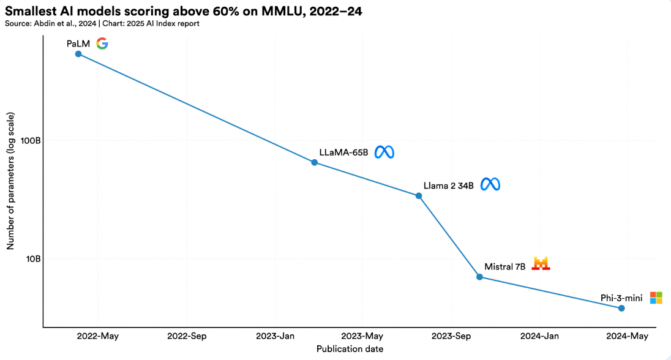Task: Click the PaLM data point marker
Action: pyautogui.click(x=78, y=54)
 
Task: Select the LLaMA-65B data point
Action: pyautogui.click(x=315, y=162)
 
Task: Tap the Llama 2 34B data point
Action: pyautogui.click(x=419, y=196)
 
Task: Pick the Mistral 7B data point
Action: pyautogui.click(x=479, y=277)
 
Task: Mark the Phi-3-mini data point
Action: pyautogui.click(x=621, y=308)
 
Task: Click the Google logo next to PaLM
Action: pyautogui.click(x=102, y=43)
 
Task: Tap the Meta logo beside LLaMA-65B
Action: pyautogui.click(x=384, y=152)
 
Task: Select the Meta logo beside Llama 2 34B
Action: pyautogui.click(x=490, y=184)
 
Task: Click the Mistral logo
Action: pyautogui.click(x=541, y=264)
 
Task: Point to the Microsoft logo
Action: pyautogui.click(x=656, y=298)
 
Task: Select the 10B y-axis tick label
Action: pyautogui.click(x=32, y=258)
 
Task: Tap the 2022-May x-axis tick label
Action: pyautogui.click(x=98, y=336)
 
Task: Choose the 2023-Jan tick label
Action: pyautogui.click(x=276, y=336)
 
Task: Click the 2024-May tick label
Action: pyautogui.click(x=627, y=336)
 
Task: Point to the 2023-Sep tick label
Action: pyautogui.click(x=451, y=336)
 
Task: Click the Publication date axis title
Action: pyautogui.click(x=350, y=349)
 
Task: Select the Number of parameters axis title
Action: pyautogui.click(x=10, y=181)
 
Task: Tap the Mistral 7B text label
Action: pyautogui.click(x=505, y=267)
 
